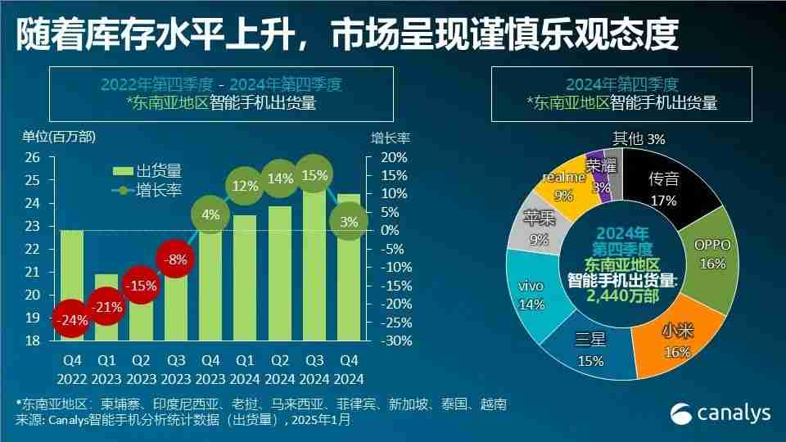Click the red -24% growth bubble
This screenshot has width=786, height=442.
click(x=72, y=320)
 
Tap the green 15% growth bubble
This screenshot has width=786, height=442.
click(x=315, y=175)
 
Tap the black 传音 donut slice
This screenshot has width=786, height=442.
click(x=662, y=187)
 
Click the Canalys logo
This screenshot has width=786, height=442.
click(x=720, y=413)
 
